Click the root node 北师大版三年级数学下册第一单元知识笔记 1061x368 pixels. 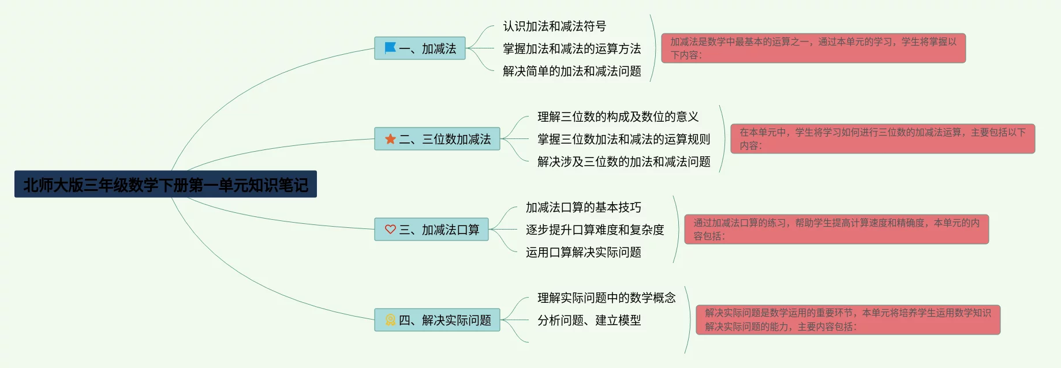pyautogui.click(x=166, y=185)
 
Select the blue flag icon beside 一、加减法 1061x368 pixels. pyautogui.click(x=390, y=48)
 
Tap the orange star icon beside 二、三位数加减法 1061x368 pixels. pyautogui.click(x=390, y=139)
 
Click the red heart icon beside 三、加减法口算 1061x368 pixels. pyautogui.click(x=390, y=229)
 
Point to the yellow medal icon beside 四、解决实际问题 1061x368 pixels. pyautogui.click(x=390, y=320)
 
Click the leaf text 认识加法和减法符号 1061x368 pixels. pyautogui.click(x=554, y=26)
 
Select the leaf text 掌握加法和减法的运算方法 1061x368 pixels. pyautogui.click(x=571, y=48)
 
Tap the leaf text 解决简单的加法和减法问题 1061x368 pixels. pyautogui.click(x=571, y=71)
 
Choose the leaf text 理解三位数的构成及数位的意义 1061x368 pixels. pyautogui.click(x=618, y=117)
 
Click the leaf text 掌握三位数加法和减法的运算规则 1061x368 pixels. pyautogui.click(x=623, y=139)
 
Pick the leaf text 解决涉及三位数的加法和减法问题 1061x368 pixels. pyautogui.click(x=623, y=162)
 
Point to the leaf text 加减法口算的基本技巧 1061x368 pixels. pyautogui.click(x=583, y=207)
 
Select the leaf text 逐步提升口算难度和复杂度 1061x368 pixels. pyautogui.click(x=595, y=230)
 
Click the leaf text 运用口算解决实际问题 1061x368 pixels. pyautogui.click(x=583, y=252)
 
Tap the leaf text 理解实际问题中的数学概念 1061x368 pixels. pyautogui.click(x=606, y=298)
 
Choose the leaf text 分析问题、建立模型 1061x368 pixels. pyautogui.click(x=589, y=320)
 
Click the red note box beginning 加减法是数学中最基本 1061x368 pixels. pyautogui.click(x=813, y=48)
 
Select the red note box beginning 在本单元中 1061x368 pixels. pyautogui.click(x=882, y=139)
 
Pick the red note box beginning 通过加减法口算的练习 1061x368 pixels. pyautogui.click(x=836, y=230)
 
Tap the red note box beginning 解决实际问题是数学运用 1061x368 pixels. pyautogui.click(x=847, y=320)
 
